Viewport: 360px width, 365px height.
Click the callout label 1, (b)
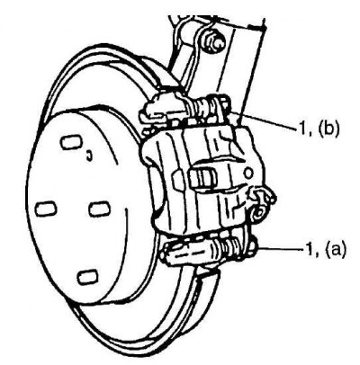click(x=319, y=129)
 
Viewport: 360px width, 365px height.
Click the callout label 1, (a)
click(x=326, y=248)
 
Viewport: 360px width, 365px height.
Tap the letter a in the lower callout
click(x=336, y=249)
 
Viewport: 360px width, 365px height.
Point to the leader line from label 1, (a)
click(x=280, y=248)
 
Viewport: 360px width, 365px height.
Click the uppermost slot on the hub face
click(x=71, y=142)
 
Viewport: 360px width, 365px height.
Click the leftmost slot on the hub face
click(x=46, y=209)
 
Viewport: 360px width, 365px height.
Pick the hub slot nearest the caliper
click(x=99, y=209)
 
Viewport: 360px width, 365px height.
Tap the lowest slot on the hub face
click(x=87, y=276)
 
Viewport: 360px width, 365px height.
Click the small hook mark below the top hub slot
click(x=89, y=156)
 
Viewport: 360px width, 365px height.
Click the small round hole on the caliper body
click(x=248, y=174)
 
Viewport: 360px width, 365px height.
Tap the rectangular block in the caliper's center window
click(x=202, y=177)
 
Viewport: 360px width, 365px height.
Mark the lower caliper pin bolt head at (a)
click(x=251, y=244)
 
